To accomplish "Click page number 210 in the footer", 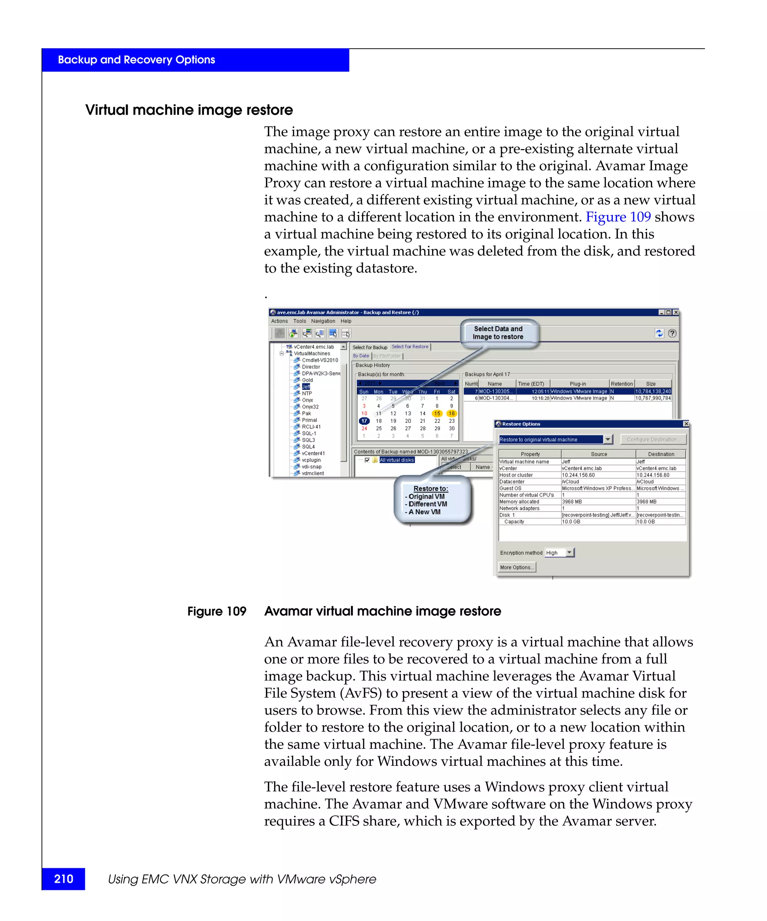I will [x=64, y=879].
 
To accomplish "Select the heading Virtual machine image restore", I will [x=189, y=110].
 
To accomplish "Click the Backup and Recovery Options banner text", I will [x=136, y=60].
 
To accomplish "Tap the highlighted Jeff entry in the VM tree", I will [x=306, y=387].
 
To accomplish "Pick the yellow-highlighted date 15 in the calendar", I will [x=437, y=414].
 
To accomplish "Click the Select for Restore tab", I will [x=410, y=347].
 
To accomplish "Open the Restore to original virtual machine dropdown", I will [x=607, y=440].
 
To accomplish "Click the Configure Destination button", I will [x=653, y=440].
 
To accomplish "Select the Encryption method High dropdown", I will [x=559, y=553].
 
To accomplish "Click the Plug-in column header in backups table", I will [x=577, y=384].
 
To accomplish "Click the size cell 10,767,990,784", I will [x=653, y=398].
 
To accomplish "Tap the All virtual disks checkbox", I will [x=367, y=460].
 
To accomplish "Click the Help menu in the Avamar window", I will [x=346, y=321].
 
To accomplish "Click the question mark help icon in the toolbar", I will [x=672, y=333].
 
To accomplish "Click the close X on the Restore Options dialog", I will [x=686, y=424].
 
